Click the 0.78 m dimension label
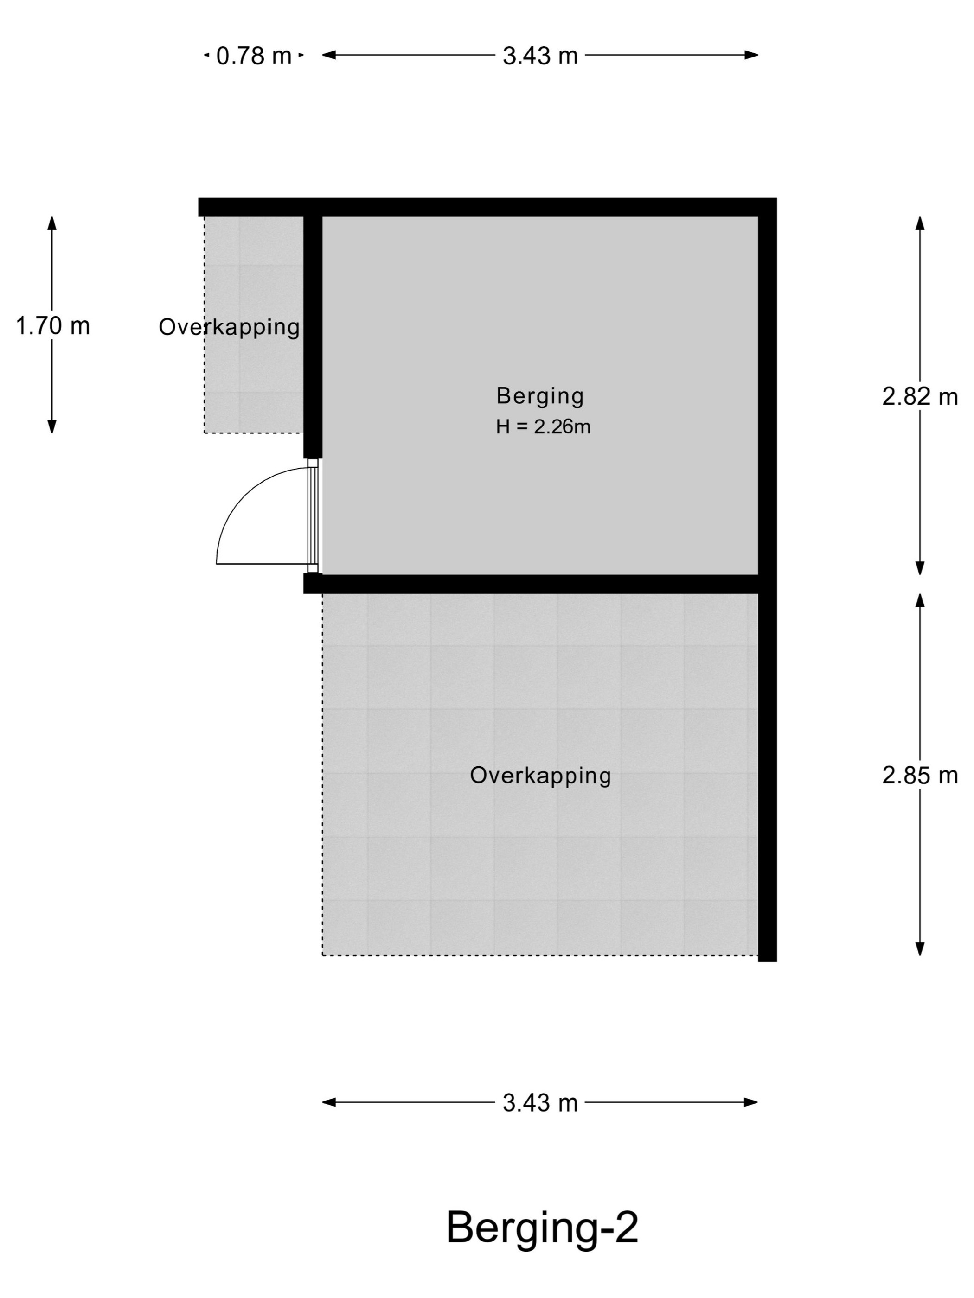[x=254, y=56]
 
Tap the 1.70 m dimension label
[x=53, y=326]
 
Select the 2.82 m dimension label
[x=919, y=397]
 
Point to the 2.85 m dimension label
[x=919, y=776]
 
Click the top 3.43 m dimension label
[x=540, y=56]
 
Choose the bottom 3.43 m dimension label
[x=540, y=1103]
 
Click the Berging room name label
[x=540, y=396]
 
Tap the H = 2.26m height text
[x=543, y=426]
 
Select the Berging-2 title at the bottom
[x=542, y=1227]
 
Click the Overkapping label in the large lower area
[x=540, y=776]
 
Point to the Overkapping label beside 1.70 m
[x=230, y=327]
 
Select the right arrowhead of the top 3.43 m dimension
[x=751, y=55]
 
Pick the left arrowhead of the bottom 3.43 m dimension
[x=329, y=1102]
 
